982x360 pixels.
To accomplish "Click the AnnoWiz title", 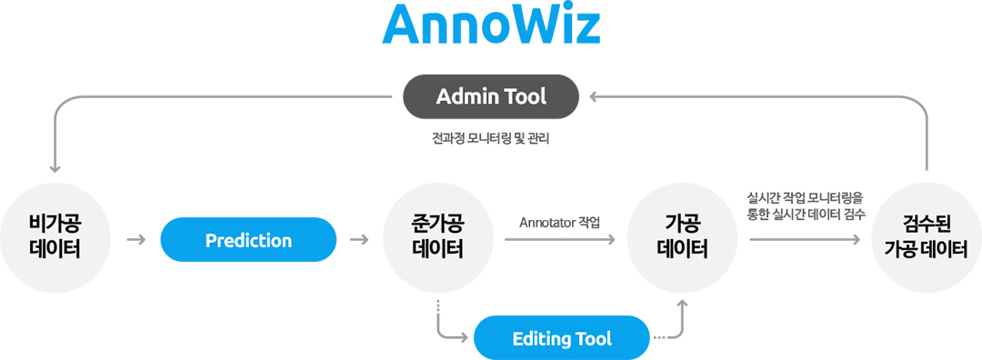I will click(x=491, y=27).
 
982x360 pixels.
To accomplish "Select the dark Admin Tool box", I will click(x=491, y=96).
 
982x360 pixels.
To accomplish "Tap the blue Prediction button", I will click(x=248, y=240).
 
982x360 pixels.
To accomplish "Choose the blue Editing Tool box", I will click(x=562, y=339).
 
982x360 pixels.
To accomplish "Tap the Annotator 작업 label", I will click(x=560, y=222).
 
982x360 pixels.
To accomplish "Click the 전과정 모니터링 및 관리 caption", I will click(x=491, y=140).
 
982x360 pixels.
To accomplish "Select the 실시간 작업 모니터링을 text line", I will click(x=805, y=196).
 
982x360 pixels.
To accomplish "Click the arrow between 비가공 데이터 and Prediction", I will click(x=137, y=240).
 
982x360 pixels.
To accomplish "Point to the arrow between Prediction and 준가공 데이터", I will click(x=359, y=240).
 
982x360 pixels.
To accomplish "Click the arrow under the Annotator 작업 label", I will click(x=559, y=240).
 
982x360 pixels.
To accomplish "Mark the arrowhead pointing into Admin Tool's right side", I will click(x=592, y=96).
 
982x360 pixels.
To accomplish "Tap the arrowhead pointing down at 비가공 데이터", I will click(x=55, y=166).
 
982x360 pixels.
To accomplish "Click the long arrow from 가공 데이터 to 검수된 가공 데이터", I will click(x=805, y=240).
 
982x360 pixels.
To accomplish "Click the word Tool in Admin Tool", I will click(x=528, y=96).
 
